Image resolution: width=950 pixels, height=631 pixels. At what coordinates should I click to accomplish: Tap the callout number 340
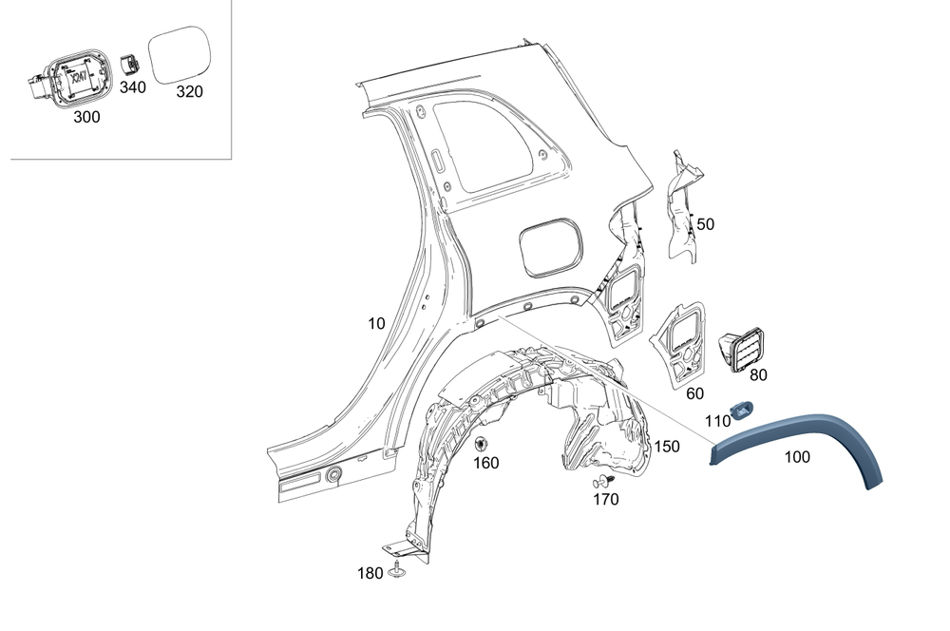click(x=133, y=87)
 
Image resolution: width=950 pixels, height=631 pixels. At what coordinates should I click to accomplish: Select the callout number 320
click(x=190, y=91)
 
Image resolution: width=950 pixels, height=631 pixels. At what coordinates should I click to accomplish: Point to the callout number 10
click(x=377, y=323)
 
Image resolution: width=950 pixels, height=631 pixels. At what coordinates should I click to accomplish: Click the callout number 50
click(x=705, y=224)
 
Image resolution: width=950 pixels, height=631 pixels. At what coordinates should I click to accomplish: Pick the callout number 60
click(x=694, y=392)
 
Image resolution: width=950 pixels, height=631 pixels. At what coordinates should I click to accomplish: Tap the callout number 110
click(x=717, y=421)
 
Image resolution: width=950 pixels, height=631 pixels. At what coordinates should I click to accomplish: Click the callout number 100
click(x=797, y=457)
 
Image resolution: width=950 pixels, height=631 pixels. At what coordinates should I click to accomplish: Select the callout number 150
click(x=667, y=446)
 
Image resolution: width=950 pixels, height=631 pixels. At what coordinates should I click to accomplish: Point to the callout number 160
click(x=485, y=463)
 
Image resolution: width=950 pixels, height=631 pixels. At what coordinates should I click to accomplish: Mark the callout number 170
click(x=605, y=498)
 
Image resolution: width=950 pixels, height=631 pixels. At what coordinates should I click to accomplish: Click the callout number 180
click(x=370, y=573)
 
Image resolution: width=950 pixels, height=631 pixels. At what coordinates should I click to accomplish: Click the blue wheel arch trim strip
click(x=807, y=429)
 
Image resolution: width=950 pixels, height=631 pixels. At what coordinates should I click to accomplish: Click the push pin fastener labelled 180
click(x=394, y=571)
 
